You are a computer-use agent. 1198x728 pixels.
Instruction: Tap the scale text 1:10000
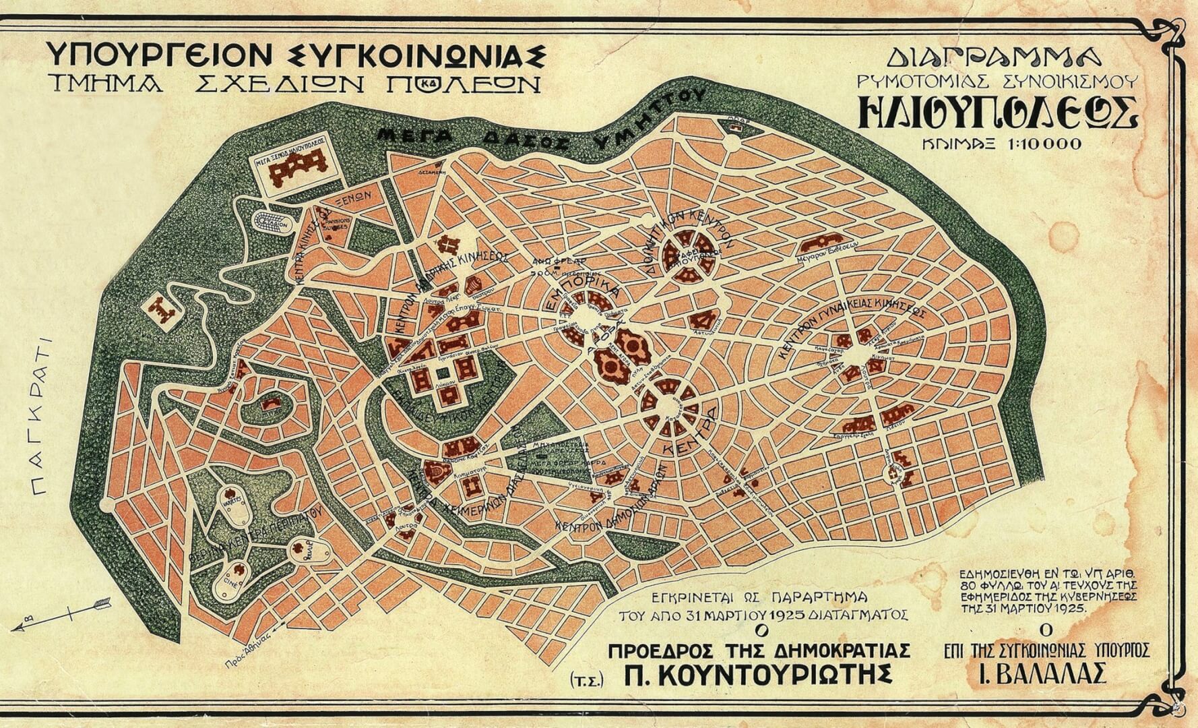(x=1046, y=144)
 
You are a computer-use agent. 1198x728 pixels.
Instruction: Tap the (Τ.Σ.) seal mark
(x=586, y=679)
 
